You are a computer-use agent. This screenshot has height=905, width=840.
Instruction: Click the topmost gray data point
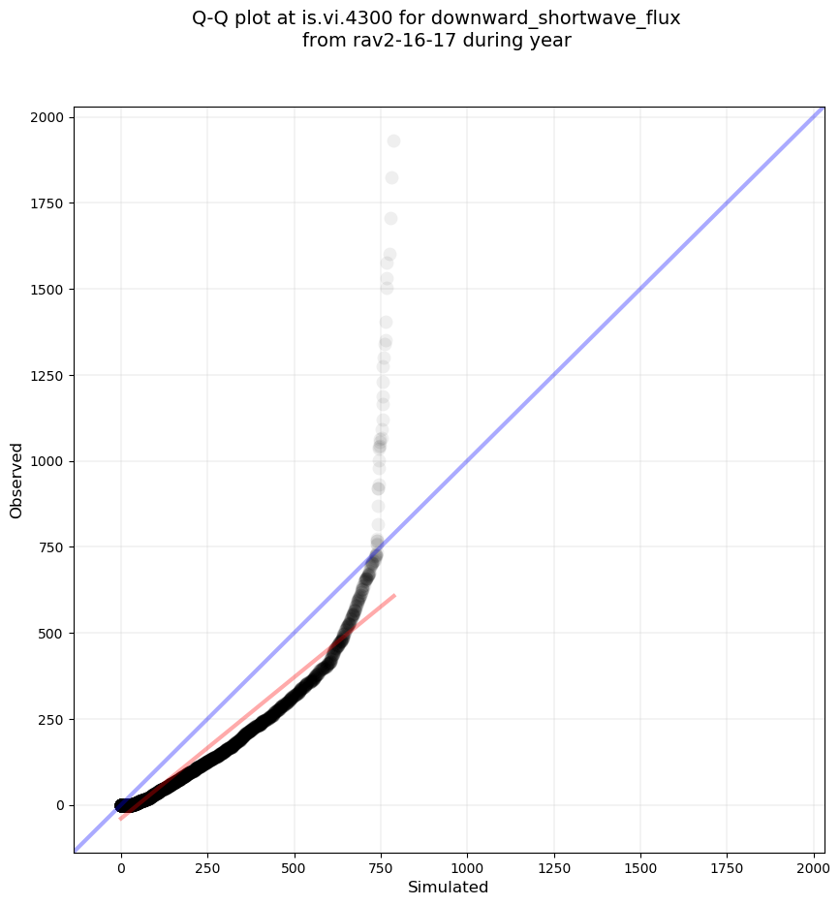[x=393, y=141]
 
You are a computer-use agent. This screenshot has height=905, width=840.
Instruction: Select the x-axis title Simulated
[x=448, y=887]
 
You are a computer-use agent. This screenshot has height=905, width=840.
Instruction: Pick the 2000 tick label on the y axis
[x=48, y=117]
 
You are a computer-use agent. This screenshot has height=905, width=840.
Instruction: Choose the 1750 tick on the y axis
[x=48, y=203]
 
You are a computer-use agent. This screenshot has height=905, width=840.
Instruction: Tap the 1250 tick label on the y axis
[x=48, y=375]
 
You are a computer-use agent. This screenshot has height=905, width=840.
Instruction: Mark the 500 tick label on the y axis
[x=52, y=633]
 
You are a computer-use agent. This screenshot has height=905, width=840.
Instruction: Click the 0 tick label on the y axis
[x=60, y=805]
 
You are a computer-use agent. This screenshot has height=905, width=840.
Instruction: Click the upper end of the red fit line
[x=394, y=595]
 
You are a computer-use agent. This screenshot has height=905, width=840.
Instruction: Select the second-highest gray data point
[x=391, y=178]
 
